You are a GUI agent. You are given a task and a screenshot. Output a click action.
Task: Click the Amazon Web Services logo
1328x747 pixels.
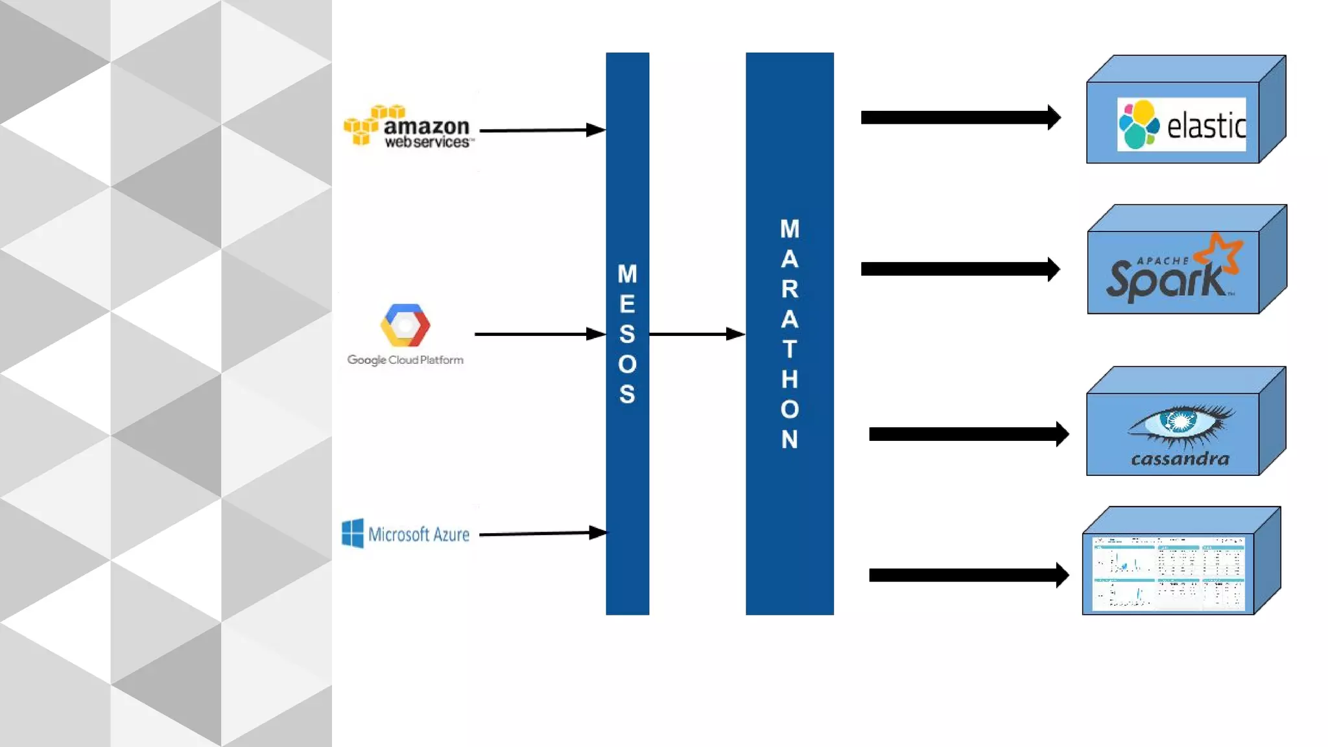409,127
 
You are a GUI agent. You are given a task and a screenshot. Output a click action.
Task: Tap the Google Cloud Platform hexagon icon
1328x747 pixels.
405,325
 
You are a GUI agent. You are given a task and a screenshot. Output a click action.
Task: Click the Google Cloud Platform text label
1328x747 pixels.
405,360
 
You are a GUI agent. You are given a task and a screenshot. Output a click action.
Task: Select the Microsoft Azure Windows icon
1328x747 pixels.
353,533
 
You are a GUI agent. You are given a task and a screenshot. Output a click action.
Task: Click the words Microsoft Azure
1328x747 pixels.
419,534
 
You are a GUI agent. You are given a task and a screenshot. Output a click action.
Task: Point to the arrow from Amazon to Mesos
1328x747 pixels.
541,130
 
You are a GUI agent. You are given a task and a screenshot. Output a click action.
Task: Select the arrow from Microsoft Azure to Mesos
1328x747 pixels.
542,533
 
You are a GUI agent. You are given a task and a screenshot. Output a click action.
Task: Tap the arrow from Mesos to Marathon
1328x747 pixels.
696,334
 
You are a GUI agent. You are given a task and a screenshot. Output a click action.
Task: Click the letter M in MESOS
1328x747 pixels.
627,274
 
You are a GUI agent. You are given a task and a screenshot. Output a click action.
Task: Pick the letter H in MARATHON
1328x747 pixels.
789,379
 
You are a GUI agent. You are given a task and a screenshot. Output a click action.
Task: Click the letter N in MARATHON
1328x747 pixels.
789,440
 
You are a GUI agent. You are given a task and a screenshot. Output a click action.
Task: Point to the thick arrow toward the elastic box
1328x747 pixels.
960,117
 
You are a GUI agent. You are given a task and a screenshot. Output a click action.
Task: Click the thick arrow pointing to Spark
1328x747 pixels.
960,269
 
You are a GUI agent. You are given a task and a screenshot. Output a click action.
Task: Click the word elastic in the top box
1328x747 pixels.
1206,125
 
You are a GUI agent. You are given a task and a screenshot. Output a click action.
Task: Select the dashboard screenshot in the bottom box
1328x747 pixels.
1168,573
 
